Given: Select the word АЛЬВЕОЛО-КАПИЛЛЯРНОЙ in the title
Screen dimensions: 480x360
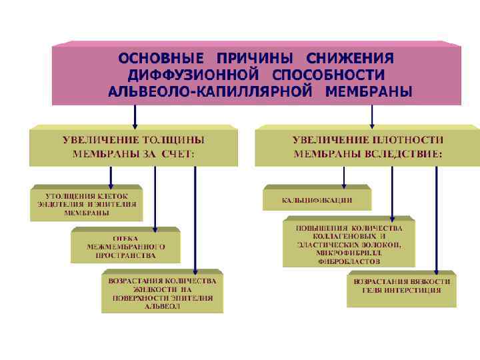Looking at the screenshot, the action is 212,91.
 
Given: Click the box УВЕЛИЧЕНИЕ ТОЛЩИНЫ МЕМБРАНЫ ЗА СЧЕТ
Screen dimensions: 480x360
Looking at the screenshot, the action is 133,147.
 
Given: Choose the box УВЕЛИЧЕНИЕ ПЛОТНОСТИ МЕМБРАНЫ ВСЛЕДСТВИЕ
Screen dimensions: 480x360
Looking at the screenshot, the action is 367,147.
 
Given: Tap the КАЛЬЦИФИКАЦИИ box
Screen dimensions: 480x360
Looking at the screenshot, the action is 317,199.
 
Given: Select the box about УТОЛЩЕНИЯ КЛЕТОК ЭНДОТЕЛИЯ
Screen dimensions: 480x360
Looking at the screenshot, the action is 87,204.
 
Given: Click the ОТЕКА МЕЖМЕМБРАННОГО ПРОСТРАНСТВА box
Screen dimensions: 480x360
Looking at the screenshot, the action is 125,247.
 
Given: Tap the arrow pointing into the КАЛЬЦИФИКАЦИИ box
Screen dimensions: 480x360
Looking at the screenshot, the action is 343,177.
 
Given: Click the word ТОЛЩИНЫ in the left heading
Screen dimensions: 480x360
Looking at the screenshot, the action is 174,140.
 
